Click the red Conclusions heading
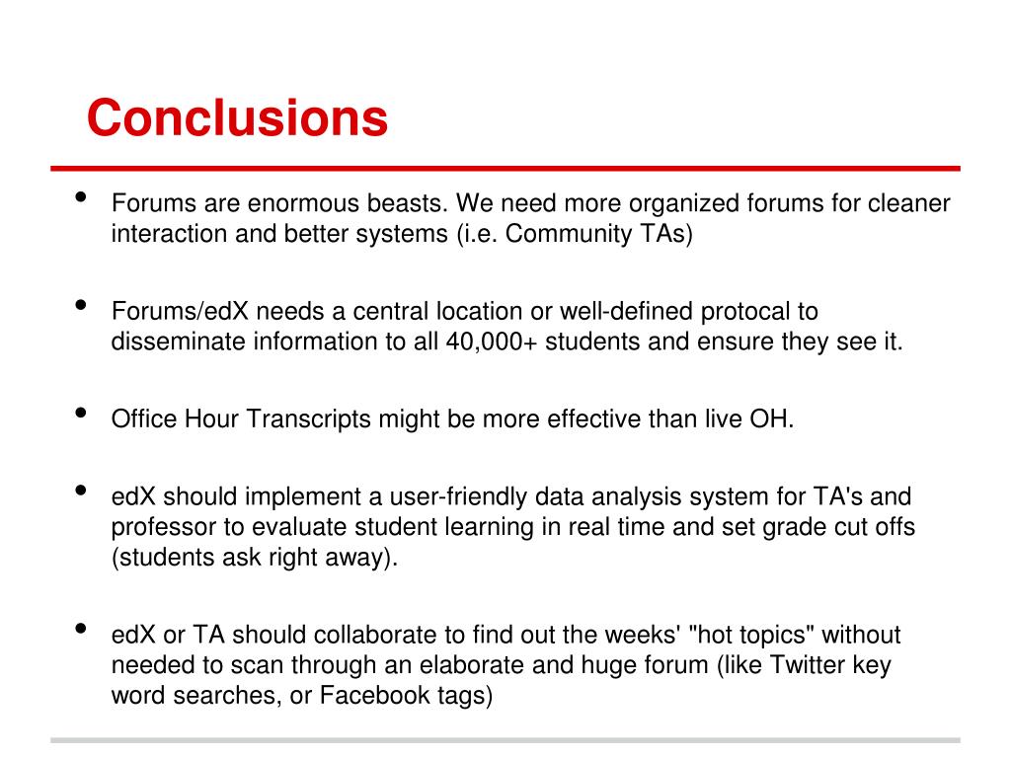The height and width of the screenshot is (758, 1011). click(x=237, y=117)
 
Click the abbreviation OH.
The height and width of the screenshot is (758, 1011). click(x=772, y=418)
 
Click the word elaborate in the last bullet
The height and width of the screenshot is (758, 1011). click(x=434, y=664)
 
